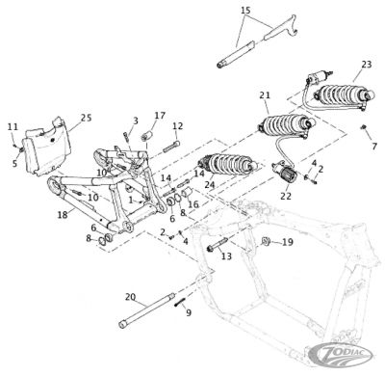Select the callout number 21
[x=266, y=94]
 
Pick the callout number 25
[x=86, y=118]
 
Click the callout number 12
[x=178, y=125]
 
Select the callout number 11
[x=12, y=126]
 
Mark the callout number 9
[x=188, y=312]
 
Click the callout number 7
[x=374, y=146]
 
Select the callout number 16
[x=192, y=204]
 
